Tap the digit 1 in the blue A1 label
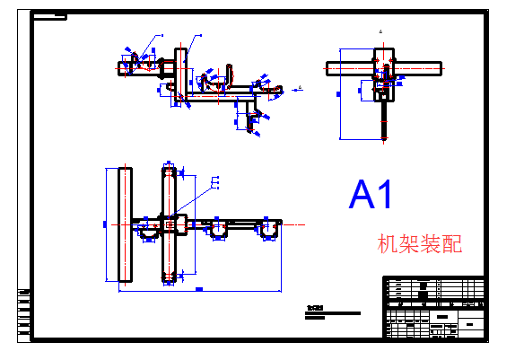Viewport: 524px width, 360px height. click(383, 195)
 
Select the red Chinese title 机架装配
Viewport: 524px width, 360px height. click(420, 243)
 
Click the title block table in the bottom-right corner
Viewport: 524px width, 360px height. click(434, 307)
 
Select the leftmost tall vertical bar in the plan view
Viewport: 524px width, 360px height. click(125, 224)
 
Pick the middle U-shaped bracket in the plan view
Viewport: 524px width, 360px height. click(218, 233)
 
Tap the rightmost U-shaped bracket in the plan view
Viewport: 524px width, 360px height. click(267, 233)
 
